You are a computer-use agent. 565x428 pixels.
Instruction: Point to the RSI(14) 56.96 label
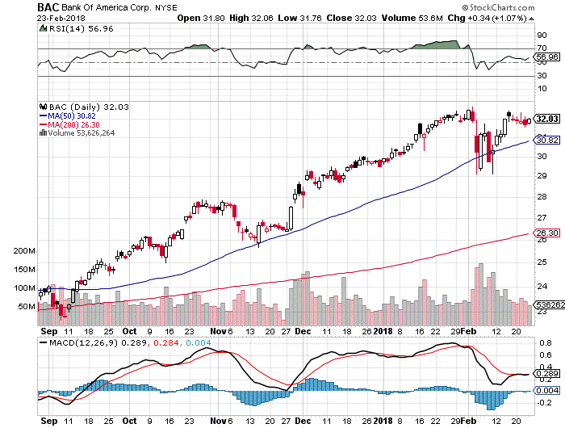(x=75, y=29)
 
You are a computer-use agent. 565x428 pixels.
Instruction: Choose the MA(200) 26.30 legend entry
(x=73, y=124)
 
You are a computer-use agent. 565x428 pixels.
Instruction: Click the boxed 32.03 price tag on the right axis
(x=549, y=120)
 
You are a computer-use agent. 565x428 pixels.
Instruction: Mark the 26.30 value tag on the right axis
(x=548, y=234)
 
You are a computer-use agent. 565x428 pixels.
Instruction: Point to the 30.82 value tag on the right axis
(x=548, y=140)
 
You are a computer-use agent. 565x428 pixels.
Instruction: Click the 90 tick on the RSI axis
(x=542, y=36)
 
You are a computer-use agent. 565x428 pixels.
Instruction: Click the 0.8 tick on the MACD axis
(x=544, y=345)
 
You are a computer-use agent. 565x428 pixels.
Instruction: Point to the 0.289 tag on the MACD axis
(x=549, y=375)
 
